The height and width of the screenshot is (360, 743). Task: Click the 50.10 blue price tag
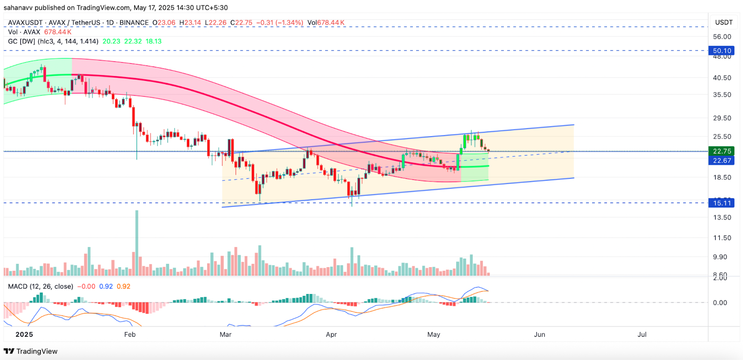coord(722,51)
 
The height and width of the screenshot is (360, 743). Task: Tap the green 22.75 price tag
coord(722,151)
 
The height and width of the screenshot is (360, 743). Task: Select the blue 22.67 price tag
coord(722,161)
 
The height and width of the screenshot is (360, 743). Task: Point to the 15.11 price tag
coord(722,203)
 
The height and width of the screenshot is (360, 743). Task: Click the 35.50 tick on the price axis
coord(722,95)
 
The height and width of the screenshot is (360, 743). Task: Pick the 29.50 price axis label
coord(722,118)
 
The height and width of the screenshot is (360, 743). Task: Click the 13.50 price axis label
coord(722,217)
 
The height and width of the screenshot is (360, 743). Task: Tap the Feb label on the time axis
coord(130,334)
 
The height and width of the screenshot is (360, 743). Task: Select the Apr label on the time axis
coord(331,334)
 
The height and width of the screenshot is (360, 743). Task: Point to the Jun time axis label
coord(539,334)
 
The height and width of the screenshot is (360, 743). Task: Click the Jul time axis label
coord(642,334)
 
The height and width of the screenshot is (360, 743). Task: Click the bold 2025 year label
coord(24,334)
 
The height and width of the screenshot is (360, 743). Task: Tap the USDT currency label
coord(723,22)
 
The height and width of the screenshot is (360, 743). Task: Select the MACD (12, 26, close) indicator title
coord(40,287)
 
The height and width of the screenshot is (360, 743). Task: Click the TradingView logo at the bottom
coord(31,351)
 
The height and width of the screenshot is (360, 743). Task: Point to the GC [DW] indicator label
coord(21,41)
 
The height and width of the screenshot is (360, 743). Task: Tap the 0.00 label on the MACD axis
coord(720,303)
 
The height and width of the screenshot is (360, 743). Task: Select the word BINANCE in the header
coord(134,23)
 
